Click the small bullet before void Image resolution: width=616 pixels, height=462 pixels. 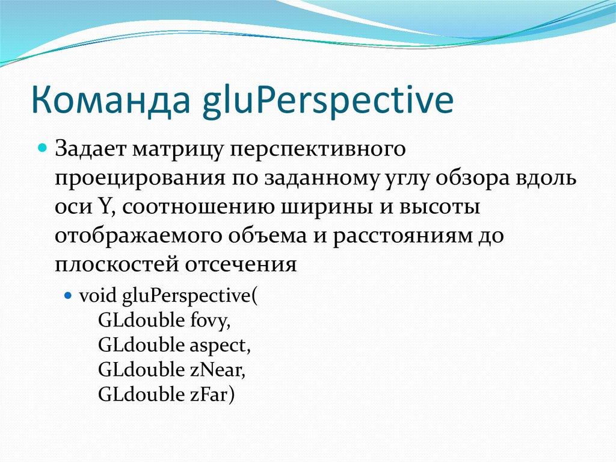point(68,296)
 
